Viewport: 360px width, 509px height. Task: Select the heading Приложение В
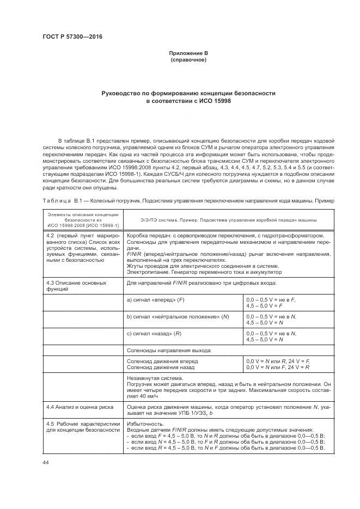click(188, 53)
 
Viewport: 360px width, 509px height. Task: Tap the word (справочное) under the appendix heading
click(188, 59)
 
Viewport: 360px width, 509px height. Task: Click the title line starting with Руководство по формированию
click(188, 93)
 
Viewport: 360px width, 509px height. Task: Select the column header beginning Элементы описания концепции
click(82, 219)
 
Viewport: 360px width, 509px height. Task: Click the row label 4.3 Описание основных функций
click(76, 286)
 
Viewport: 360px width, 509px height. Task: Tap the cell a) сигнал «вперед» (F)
click(154, 299)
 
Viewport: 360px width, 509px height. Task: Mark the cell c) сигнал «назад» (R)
click(154, 333)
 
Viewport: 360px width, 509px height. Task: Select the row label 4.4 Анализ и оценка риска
click(78, 406)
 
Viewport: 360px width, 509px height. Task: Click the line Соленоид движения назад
click(162, 367)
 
